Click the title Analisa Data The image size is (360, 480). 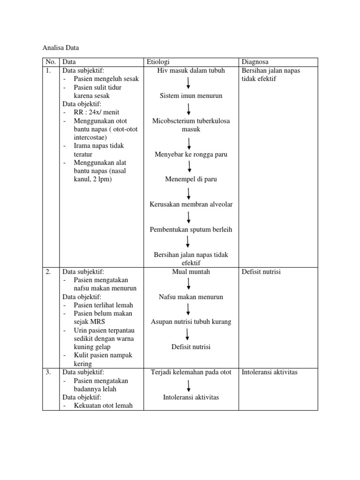coord(61,47)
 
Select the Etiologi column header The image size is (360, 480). coord(158,62)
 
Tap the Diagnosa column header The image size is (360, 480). coord(255,62)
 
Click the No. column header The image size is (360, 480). coord(51,62)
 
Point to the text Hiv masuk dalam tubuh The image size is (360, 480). coord(191,70)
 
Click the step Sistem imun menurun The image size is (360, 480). coord(191,96)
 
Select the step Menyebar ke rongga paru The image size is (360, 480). coord(191,154)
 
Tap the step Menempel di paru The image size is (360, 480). coord(191,179)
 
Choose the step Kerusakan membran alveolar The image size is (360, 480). coord(191,204)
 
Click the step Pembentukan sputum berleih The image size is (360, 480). coord(191,230)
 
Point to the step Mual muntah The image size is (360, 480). coord(191,272)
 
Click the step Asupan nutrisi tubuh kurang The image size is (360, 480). coord(191,322)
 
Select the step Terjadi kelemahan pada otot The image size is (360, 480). coord(191,373)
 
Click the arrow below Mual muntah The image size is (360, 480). coord(188,284)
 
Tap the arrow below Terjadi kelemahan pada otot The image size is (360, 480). coord(188,385)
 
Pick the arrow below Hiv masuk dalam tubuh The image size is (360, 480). coord(188,83)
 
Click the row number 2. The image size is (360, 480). coord(48,272)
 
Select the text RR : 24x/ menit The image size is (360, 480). coord(97,112)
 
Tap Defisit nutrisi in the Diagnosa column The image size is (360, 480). coord(261,272)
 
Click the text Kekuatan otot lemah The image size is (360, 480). coord(103,406)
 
